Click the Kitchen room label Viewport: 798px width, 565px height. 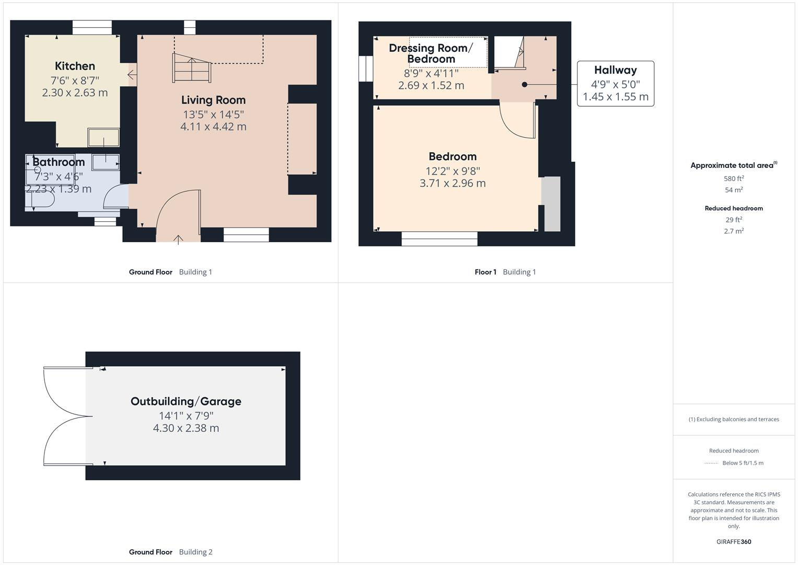[75, 66]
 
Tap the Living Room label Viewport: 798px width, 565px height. [213, 100]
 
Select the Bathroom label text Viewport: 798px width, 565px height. [59, 162]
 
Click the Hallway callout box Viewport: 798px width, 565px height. [615, 84]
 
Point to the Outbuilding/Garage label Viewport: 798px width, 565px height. [186, 401]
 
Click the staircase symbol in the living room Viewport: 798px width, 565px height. [191, 68]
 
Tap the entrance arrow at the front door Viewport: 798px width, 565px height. [178, 240]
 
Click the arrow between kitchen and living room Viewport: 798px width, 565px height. [132, 75]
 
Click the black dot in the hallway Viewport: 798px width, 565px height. [524, 85]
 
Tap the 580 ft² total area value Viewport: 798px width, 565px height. [733, 178]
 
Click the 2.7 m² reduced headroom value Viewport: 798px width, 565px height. [733, 231]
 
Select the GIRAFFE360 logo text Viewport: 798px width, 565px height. [733, 542]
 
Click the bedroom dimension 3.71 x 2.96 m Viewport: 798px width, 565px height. [453, 184]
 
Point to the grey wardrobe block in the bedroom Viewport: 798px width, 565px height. [552, 204]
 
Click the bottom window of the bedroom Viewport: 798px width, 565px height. [440, 239]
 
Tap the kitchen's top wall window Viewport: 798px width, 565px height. [92, 27]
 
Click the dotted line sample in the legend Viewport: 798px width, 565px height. [711, 463]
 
